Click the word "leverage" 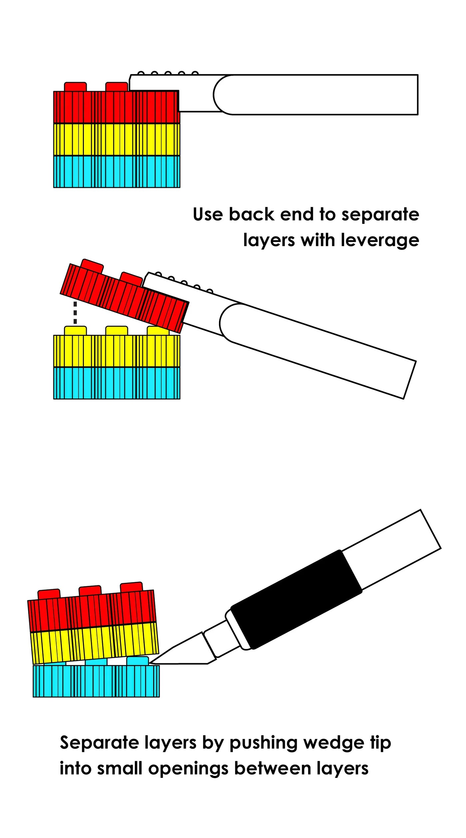point(380,240)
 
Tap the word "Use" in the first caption point(208,214)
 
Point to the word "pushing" point(263,743)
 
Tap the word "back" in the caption point(251,214)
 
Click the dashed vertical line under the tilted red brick point(75,313)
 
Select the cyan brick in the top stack point(116,172)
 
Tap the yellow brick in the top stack point(116,140)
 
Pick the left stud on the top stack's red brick point(76,87)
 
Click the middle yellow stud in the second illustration point(116,331)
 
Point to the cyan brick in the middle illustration point(116,383)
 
